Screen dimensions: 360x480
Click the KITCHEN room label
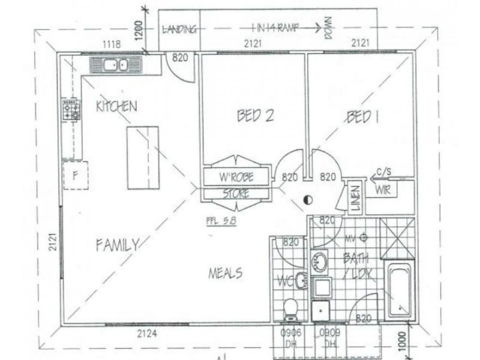(116, 106)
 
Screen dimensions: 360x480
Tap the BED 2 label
(256, 115)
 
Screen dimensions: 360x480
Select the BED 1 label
(362, 116)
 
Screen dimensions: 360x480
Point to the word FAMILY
(118, 244)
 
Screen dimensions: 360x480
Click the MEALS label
(225, 273)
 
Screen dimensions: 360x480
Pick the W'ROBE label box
(236, 177)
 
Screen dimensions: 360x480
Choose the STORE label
(236, 194)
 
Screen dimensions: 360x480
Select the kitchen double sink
(115, 65)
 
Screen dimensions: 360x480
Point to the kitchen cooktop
(71, 110)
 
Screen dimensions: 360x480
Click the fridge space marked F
(76, 175)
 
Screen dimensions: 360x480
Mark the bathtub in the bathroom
(398, 290)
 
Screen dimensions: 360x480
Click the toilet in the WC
(290, 308)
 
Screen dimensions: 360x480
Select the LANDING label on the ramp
(179, 29)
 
